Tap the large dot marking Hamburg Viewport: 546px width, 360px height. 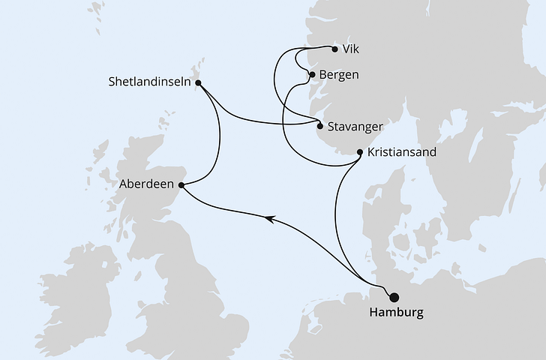tap(394, 297)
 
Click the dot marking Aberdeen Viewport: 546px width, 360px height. tap(182, 183)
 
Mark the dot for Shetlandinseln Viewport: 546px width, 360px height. tap(198, 82)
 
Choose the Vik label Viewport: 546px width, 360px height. tap(349, 50)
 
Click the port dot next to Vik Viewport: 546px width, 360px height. tap(334, 49)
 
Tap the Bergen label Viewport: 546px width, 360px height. tap(338, 75)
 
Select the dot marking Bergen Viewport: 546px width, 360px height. tap(312, 75)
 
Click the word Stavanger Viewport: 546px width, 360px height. tap(356, 127)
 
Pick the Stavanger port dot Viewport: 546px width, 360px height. tap(320, 127)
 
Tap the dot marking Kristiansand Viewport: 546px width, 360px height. tap(361, 152)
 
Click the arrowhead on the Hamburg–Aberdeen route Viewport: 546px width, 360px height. tap(268, 217)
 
